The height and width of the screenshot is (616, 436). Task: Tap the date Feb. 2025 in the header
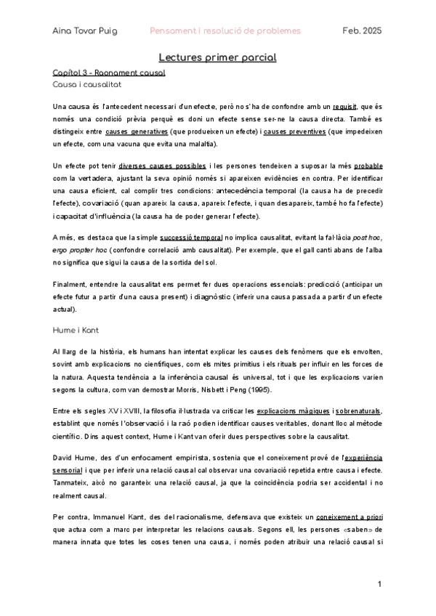tap(362, 31)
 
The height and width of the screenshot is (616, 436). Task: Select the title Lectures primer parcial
tap(218, 57)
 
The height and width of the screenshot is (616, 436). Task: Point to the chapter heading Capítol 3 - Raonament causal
tap(109, 73)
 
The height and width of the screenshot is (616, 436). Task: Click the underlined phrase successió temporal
tap(191, 237)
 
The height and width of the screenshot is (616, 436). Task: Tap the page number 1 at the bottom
tap(379, 584)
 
